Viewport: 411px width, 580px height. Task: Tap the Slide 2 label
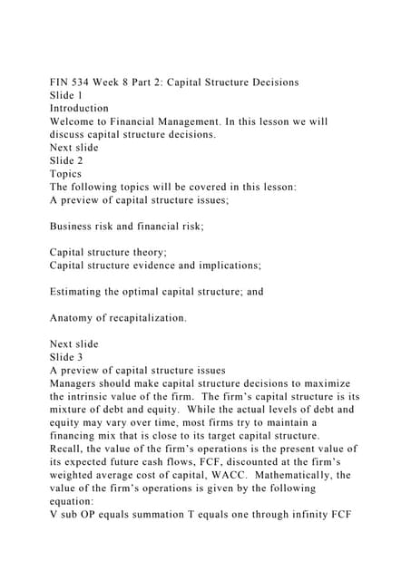tap(66, 160)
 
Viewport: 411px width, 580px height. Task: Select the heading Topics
tap(66, 174)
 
